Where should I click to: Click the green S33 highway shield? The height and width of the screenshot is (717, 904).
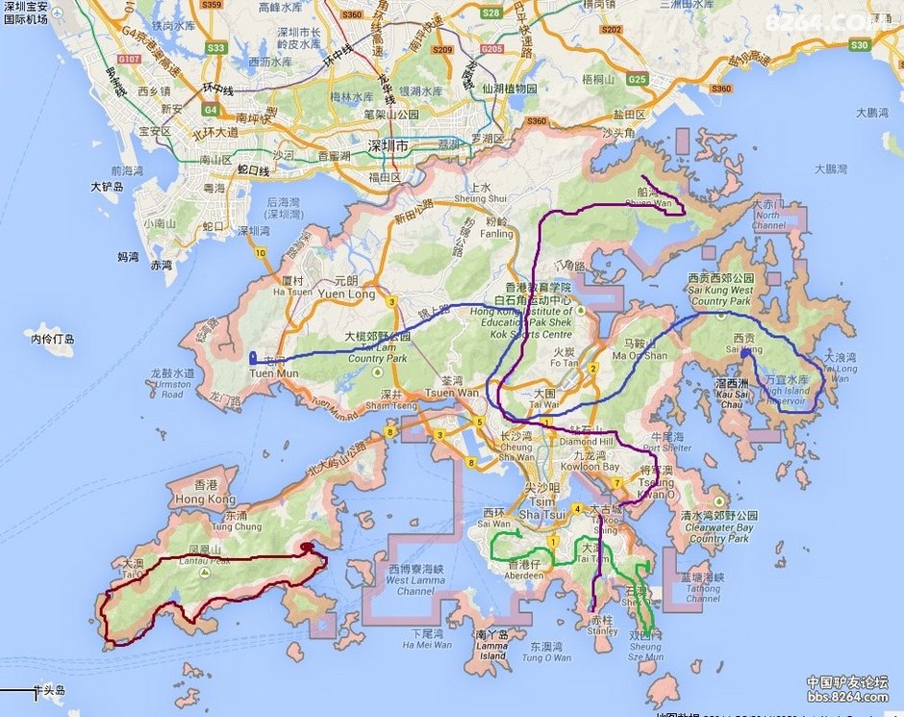pyautogui.click(x=216, y=48)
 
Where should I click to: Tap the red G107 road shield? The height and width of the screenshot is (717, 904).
pyautogui.click(x=129, y=60)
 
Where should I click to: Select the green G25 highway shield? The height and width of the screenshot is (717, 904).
pyautogui.click(x=636, y=80)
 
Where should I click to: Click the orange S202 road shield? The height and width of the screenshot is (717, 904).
pyautogui.click(x=611, y=30)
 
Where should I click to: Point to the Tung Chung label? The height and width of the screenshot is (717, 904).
pyautogui.click(x=236, y=526)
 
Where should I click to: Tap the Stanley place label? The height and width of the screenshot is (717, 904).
pyautogui.click(x=603, y=631)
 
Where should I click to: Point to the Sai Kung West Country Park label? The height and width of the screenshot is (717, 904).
pyautogui.click(x=721, y=295)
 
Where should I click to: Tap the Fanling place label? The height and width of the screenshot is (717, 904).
pyautogui.click(x=497, y=234)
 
